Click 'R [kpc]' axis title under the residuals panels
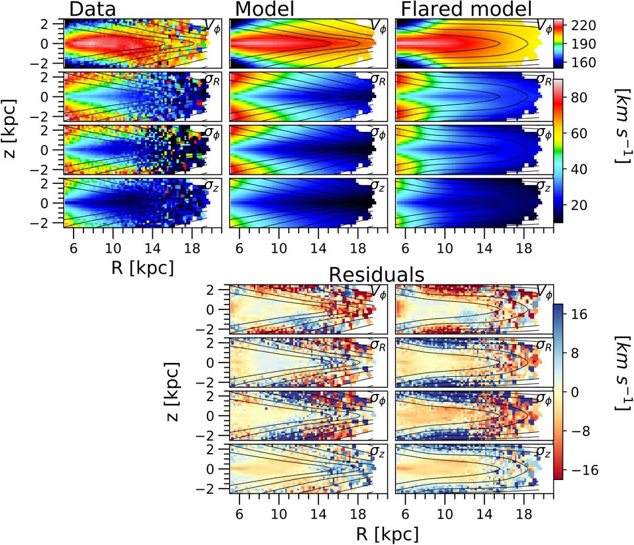(386, 531)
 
